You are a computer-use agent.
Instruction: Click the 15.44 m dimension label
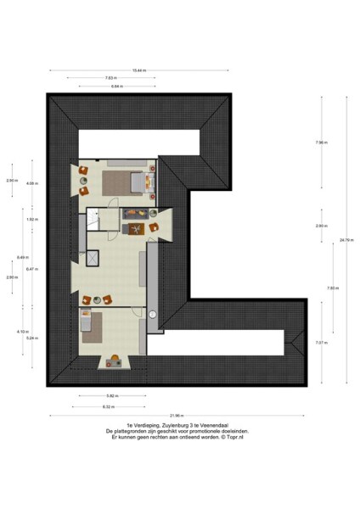[140, 70]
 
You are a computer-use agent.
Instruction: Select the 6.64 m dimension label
[116, 87]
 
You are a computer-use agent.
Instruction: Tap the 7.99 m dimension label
[320, 143]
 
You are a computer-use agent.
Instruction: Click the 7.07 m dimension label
[320, 343]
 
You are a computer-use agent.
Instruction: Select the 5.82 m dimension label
[111, 395]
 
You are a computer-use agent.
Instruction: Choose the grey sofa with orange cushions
[136, 213]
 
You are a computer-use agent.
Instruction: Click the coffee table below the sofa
[133, 229]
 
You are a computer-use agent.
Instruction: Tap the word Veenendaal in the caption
[217, 425]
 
